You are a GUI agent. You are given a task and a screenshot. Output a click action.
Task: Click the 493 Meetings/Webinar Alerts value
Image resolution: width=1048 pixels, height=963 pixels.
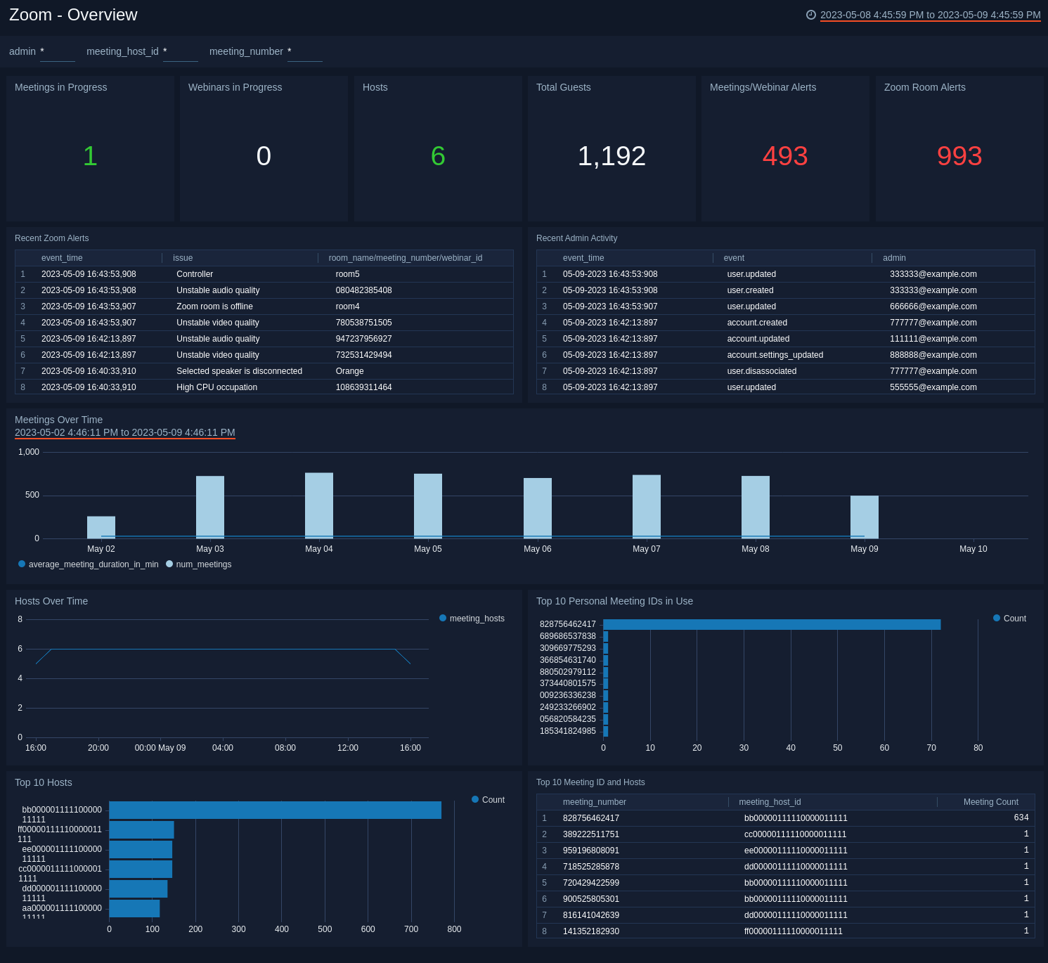tap(784, 156)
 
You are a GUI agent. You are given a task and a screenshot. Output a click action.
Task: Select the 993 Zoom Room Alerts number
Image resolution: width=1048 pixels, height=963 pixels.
tap(959, 156)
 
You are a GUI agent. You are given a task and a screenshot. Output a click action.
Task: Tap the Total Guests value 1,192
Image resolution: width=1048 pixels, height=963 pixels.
tap(611, 156)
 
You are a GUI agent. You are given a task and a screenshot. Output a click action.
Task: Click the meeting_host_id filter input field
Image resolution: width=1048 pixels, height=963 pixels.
tap(181, 52)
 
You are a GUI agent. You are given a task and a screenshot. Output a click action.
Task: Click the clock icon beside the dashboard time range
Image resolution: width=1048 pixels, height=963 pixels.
tap(810, 15)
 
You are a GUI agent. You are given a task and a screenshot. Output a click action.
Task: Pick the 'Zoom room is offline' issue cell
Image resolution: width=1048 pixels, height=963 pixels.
tap(214, 306)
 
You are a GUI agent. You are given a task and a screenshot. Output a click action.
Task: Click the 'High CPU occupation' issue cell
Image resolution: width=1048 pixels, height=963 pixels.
tap(216, 387)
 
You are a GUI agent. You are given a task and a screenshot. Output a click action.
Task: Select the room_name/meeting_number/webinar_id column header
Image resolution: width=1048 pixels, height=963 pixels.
tap(405, 258)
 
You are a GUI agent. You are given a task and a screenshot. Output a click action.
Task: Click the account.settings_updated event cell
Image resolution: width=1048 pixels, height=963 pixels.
tap(775, 355)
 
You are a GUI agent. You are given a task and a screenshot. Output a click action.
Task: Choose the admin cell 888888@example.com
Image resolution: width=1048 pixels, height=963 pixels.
tap(933, 355)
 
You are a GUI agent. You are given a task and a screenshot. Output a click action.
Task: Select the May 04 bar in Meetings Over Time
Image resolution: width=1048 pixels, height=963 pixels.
tap(319, 505)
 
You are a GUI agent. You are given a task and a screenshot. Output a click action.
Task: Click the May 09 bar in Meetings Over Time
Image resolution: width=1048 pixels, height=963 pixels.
tap(864, 517)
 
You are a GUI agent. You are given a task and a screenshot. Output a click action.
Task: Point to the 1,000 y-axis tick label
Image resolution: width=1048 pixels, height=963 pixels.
tap(29, 452)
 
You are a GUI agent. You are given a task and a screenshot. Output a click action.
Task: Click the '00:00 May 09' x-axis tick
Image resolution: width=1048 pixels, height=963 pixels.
tap(160, 748)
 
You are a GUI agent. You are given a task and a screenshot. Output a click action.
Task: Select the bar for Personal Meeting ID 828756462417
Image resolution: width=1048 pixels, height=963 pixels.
tap(771, 624)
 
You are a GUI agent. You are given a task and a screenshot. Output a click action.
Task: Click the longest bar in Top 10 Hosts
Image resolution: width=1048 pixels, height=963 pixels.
tap(275, 810)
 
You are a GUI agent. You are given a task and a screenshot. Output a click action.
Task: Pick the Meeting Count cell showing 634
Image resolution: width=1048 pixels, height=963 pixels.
tap(1021, 818)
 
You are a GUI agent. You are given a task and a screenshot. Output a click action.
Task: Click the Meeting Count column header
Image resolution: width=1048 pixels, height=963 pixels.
tap(990, 802)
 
